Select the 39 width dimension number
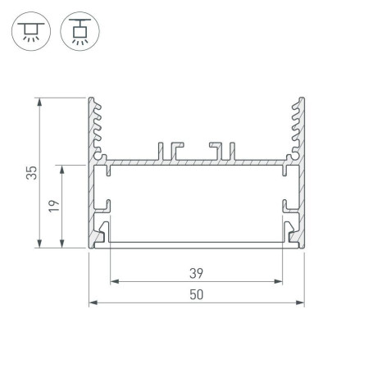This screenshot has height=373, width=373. tap(195, 273)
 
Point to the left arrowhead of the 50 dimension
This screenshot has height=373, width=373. tap(92, 302)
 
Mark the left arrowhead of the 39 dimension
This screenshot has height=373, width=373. tap(112, 282)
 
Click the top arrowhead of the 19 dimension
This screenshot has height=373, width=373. tap(63, 168)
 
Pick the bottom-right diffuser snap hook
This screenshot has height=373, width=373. tap(290, 234)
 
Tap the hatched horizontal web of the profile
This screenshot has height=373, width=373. tap(195, 161)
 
